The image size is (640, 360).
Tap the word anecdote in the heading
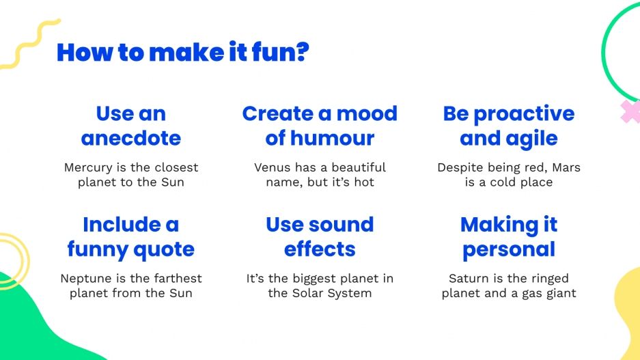point(130,139)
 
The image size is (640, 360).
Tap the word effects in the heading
point(320,250)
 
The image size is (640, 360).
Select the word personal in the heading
point(509,250)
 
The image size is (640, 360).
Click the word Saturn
point(469,279)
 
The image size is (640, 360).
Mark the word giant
point(558,294)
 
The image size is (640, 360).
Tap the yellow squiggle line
point(31,44)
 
